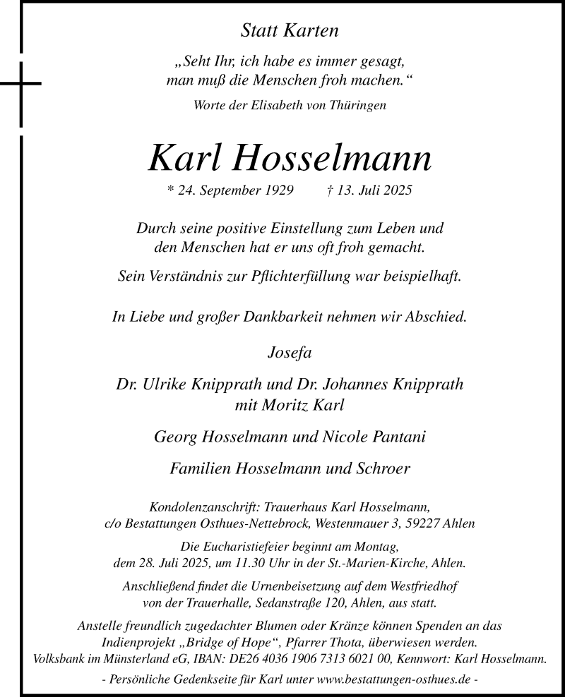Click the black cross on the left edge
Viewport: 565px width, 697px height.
[x=21, y=84]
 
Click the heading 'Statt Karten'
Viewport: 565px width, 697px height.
[x=290, y=30]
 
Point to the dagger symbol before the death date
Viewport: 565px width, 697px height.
[x=331, y=190]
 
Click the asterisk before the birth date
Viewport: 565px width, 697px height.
[x=169, y=190]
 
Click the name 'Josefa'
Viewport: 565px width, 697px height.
[x=290, y=351]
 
